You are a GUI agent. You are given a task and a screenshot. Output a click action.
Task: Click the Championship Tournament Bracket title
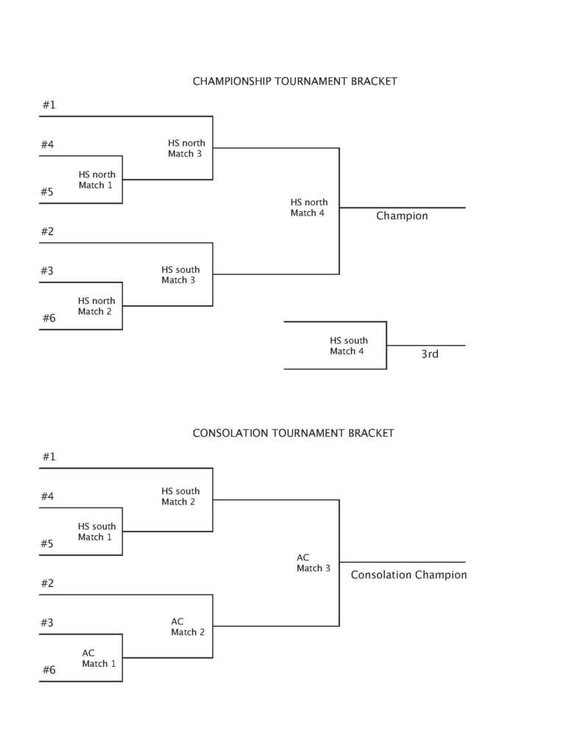pyautogui.click(x=294, y=82)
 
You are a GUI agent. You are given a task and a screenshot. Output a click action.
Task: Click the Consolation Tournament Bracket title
pyautogui.click(x=293, y=433)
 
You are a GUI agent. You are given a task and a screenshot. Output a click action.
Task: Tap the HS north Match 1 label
pyautogui.click(x=96, y=180)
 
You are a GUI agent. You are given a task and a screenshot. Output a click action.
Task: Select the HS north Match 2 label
pyautogui.click(x=96, y=306)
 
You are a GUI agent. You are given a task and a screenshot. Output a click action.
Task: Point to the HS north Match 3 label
pyautogui.click(x=185, y=149)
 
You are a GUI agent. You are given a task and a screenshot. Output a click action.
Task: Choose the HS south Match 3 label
pyautogui.click(x=180, y=275)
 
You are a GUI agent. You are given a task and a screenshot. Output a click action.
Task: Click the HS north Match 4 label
pyautogui.click(x=308, y=207)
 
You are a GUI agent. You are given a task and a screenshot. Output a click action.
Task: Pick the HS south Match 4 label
pyautogui.click(x=348, y=346)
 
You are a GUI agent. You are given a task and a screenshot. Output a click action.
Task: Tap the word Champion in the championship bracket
pyautogui.click(x=402, y=216)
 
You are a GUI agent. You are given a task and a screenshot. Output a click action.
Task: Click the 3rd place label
pyautogui.click(x=430, y=354)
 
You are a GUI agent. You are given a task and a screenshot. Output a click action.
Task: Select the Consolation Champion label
pyautogui.click(x=408, y=575)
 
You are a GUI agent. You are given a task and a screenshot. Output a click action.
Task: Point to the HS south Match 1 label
pyautogui.click(x=96, y=532)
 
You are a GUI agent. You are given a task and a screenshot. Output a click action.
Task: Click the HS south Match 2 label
pyautogui.click(x=180, y=496)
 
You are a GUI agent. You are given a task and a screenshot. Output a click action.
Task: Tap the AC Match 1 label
pyautogui.click(x=99, y=658)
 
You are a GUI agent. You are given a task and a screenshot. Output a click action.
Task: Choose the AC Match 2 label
pyautogui.click(x=188, y=627)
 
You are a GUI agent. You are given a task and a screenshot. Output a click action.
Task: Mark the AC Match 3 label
pyautogui.click(x=313, y=563)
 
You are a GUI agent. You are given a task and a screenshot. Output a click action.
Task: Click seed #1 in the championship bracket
pyautogui.click(x=49, y=105)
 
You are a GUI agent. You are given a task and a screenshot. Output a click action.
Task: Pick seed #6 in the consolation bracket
pyautogui.click(x=49, y=670)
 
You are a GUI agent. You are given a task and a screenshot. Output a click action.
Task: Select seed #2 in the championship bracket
pyautogui.click(x=48, y=232)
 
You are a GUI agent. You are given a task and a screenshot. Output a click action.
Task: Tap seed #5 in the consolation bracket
pyautogui.click(x=48, y=544)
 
